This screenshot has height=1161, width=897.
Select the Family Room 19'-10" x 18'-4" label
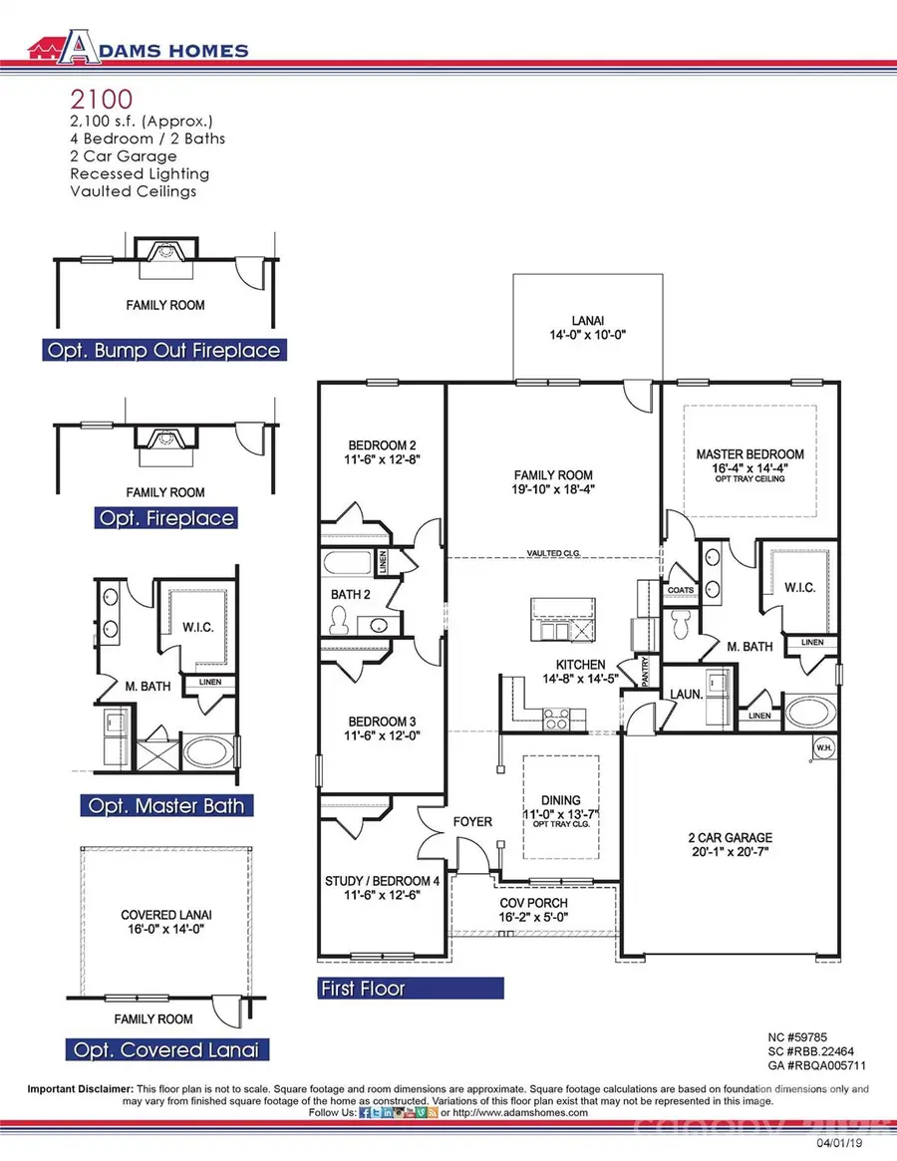[x=553, y=482]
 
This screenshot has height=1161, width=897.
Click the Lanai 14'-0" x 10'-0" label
[x=587, y=329]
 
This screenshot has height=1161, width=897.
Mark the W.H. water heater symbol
[x=824, y=747]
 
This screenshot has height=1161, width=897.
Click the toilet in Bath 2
[x=336, y=622]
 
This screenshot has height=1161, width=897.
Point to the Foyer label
[x=472, y=822]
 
